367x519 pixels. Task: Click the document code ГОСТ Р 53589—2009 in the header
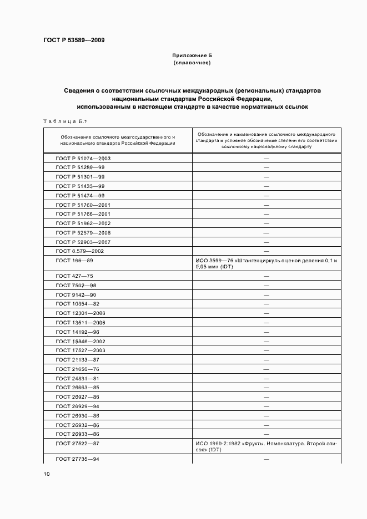[73, 40]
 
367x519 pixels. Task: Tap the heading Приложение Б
[192, 56]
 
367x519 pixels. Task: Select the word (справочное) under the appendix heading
[192, 63]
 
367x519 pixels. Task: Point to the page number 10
[47, 474]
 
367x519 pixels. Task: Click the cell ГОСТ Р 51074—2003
[83, 158]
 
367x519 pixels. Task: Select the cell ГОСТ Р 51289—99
[81, 167]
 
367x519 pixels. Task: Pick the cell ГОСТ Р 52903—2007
[83, 242]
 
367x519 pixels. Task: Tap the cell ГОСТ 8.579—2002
[80, 251]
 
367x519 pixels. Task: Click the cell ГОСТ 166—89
[74, 260]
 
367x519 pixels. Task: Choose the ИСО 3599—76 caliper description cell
[267, 263]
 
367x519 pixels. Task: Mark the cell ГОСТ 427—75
[74, 276]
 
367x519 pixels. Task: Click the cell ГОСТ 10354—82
[78, 304]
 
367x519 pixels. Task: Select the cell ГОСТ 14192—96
[78, 332]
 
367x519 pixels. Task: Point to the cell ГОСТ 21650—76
[78, 369]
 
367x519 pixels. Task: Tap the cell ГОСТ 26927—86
[78, 397]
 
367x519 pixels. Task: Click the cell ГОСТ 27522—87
[78, 444]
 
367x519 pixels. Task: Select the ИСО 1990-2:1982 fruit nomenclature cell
[267, 447]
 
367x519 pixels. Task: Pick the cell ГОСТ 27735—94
[78, 459]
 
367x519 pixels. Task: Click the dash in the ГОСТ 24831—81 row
[267, 378]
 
